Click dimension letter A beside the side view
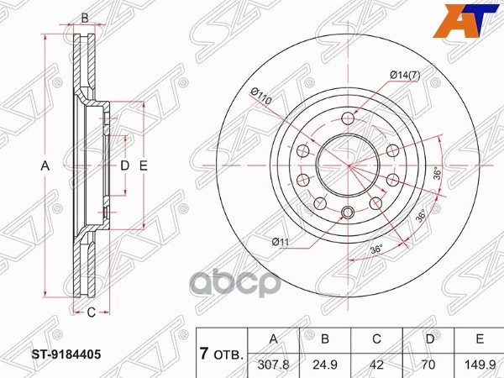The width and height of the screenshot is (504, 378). (x=46, y=166)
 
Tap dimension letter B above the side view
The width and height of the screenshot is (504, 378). (x=84, y=18)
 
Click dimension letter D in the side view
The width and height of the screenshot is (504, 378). (x=124, y=166)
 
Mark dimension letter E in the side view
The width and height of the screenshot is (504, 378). (x=144, y=166)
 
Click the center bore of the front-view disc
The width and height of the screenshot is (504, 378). (x=349, y=167)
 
